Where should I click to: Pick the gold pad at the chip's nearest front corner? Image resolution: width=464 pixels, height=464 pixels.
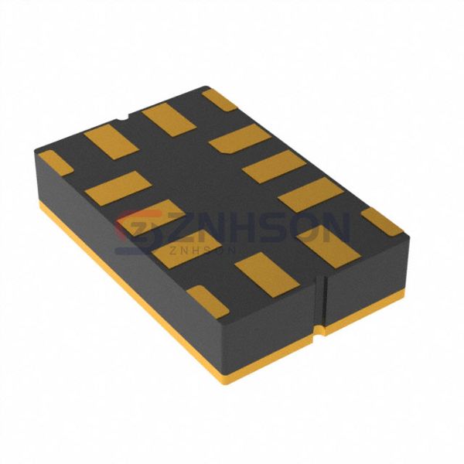pyautogui.click(x=207, y=300)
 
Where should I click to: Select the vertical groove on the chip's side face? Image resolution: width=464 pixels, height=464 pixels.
pyautogui.click(x=319, y=302)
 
